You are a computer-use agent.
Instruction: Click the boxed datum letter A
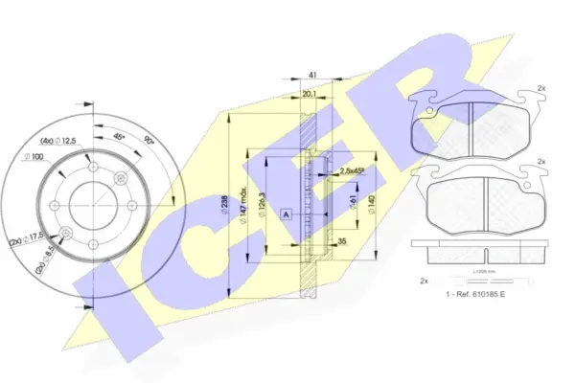tap(287, 214)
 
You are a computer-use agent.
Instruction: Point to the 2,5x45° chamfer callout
tap(352, 171)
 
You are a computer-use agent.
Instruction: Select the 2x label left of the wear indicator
tap(424, 281)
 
